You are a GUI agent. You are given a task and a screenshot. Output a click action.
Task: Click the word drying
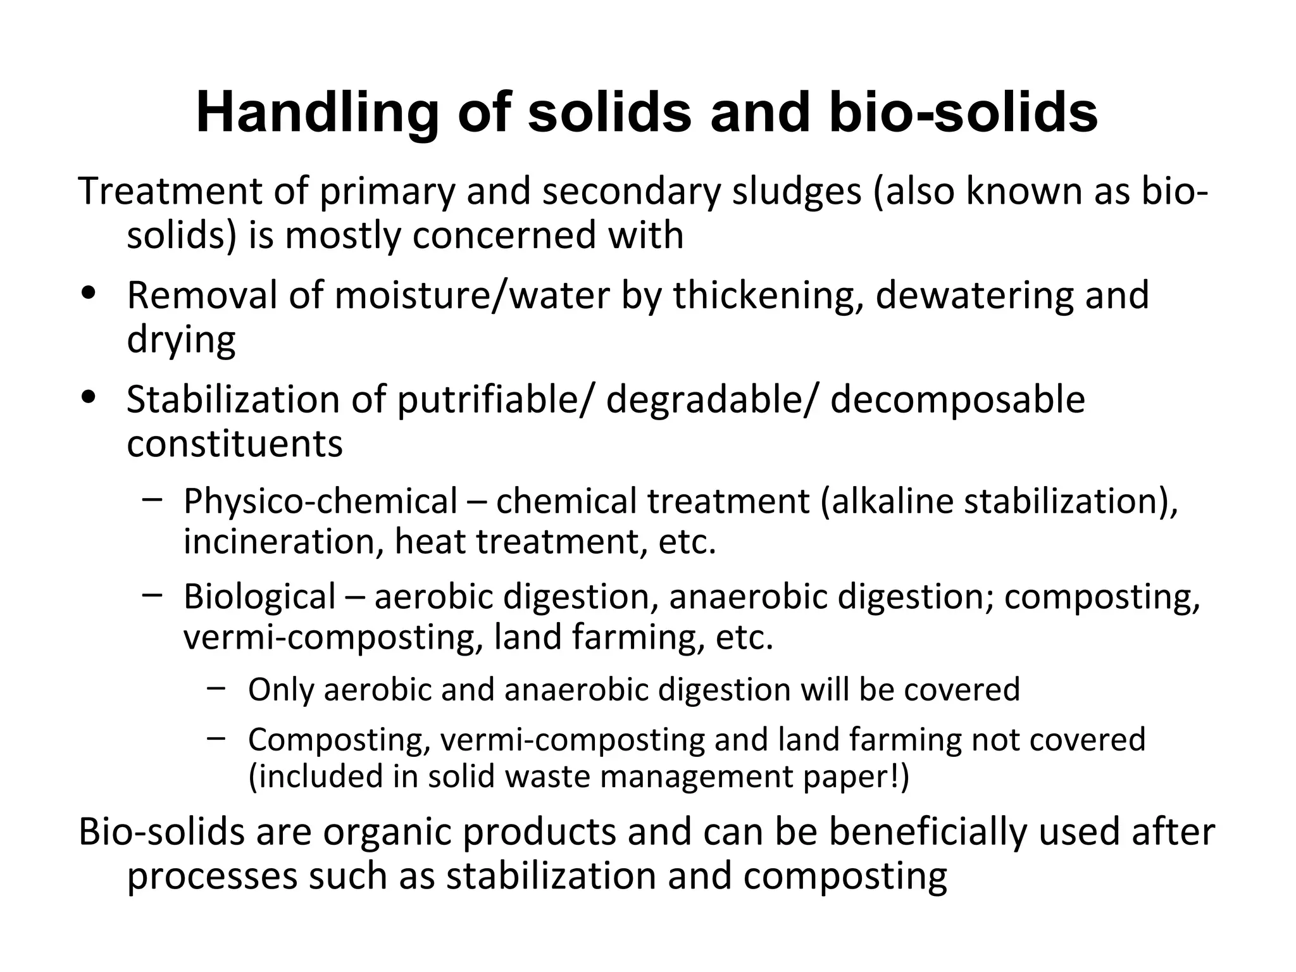click(181, 340)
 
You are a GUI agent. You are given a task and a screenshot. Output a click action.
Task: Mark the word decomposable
click(957, 400)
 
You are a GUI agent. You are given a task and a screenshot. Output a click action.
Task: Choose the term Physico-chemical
click(320, 501)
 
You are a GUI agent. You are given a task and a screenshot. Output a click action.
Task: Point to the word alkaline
click(892, 501)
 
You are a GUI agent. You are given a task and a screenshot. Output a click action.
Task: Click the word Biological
click(259, 597)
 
